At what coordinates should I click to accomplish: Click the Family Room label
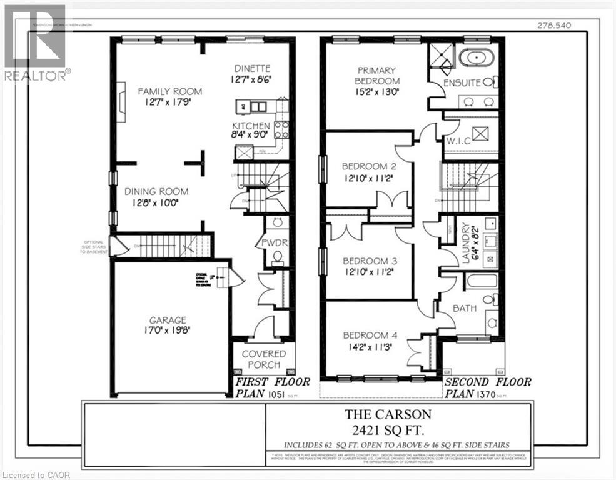pos(169,91)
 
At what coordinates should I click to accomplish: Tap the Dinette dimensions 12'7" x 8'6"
pos(252,79)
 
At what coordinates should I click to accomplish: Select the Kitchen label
pos(251,126)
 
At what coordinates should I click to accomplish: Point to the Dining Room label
pos(156,192)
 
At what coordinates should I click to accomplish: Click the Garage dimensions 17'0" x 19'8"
pos(167,332)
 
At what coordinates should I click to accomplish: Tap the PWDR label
pos(275,242)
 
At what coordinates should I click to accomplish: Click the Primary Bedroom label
pos(377,76)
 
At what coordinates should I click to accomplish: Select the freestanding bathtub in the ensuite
pos(477,58)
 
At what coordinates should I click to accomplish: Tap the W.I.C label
pos(458,141)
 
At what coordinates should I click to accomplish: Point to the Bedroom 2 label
pos(369,166)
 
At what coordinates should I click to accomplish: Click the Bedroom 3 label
pos(369,260)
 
